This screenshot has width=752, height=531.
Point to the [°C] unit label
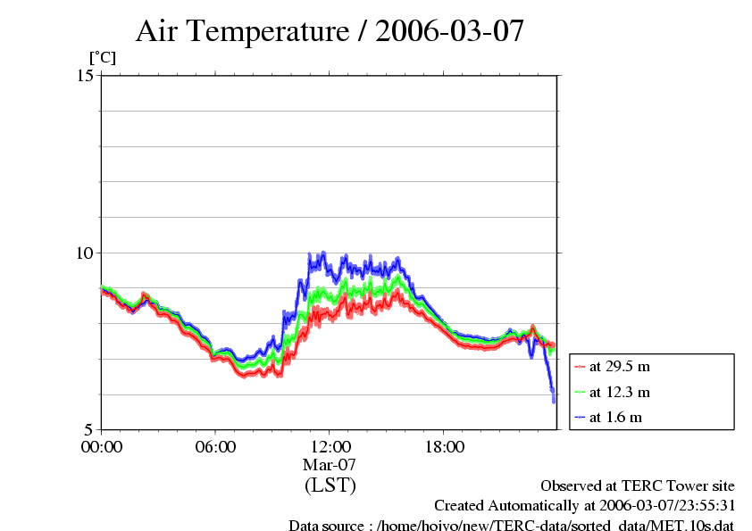(102, 58)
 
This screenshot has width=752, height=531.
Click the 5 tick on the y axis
(89, 429)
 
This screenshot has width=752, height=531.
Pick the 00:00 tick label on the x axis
(102, 446)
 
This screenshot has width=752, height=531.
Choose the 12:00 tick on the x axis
(330, 446)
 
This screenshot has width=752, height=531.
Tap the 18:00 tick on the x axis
(444, 446)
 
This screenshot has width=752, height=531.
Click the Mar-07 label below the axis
(330, 465)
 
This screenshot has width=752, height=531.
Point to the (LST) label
(330, 485)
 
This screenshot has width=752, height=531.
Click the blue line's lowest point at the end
(554, 401)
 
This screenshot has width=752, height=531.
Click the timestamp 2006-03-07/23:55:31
(661, 506)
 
